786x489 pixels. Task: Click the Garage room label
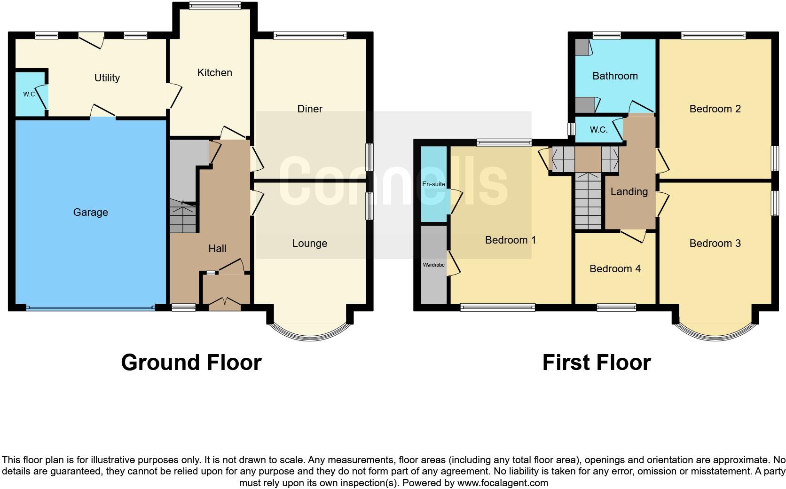(90, 213)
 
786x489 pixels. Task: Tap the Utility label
(107, 78)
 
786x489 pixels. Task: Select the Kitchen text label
(214, 73)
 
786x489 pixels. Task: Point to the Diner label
(310, 109)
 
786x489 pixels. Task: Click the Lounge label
(309, 244)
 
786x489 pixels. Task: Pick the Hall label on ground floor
(217, 249)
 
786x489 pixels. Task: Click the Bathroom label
(615, 76)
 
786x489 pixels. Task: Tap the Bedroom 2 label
(715, 109)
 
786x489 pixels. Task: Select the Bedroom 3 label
(715, 244)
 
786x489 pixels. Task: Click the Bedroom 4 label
(615, 269)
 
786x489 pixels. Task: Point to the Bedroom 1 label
(511, 240)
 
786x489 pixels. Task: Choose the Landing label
(629, 192)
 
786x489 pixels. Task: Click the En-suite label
(433, 184)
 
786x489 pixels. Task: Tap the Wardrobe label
(433, 265)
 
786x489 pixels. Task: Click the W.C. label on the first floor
(598, 130)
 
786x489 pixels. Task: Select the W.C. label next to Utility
(30, 95)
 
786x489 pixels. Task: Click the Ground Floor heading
(191, 363)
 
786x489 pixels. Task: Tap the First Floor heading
(596, 363)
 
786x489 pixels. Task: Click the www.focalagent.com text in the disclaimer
(502, 483)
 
